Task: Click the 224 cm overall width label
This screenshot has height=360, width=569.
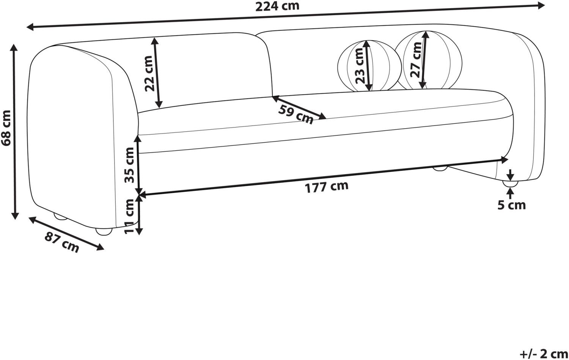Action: (x=277, y=6)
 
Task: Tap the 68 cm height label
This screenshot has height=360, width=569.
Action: (x=6, y=128)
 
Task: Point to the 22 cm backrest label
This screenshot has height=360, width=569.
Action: (x=149, y=74)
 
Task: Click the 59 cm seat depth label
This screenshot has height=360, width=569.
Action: (x=296, y=115)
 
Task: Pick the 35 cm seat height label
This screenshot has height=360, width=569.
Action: (x=129, y=165)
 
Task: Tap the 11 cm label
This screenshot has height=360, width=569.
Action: (x=129, y=217)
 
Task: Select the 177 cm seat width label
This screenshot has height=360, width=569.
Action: (x=326, y=187)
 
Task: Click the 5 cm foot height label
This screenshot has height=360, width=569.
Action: (x=511, y=205)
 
